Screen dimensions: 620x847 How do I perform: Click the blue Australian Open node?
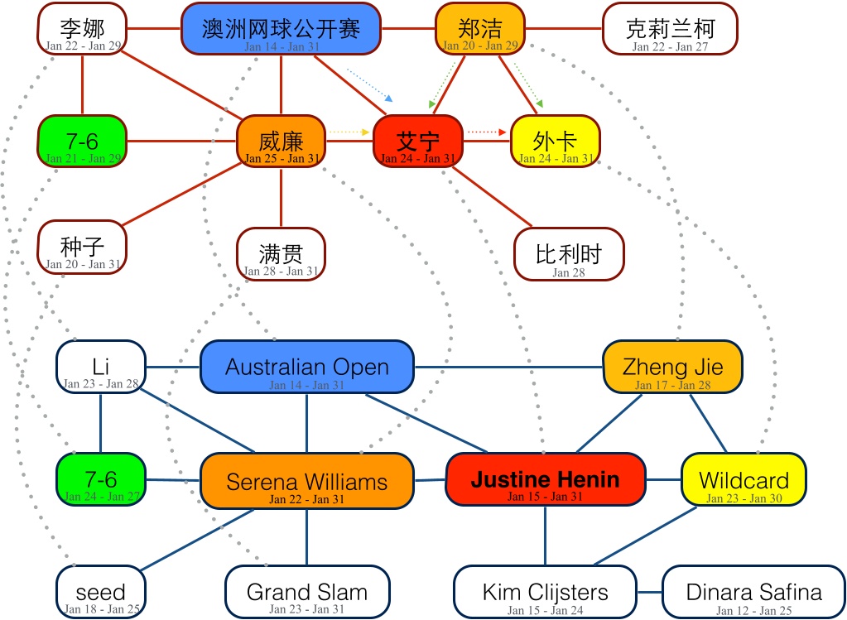tap(306, 367)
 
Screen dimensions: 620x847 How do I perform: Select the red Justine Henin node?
tap(545, 479)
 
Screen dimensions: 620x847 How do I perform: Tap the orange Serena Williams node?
tap(306, 481)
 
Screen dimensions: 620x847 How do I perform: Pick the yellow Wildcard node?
tap(743, 480)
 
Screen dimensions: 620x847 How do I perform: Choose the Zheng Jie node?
tap(671, 367)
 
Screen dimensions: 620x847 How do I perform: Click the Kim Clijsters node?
tap(545, 592)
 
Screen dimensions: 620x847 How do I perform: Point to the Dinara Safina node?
tap(753, 592)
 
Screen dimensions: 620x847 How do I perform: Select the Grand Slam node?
tap(306, 592)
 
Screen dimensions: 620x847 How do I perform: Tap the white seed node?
tap(100, 592)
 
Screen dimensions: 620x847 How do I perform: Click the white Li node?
tap(100, 367)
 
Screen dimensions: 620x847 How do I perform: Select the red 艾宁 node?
tap(417, 141)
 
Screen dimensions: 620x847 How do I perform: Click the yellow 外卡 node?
tap(555, 141)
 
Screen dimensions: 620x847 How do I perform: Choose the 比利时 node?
tap(568, 254)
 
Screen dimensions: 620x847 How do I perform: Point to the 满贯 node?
tap(281, 254)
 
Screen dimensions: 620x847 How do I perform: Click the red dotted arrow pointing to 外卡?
tap(486, 132)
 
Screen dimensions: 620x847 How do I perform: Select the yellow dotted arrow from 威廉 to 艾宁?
tap(349, 132)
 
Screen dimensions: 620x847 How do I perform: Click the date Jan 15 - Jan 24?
tap(544, 611)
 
